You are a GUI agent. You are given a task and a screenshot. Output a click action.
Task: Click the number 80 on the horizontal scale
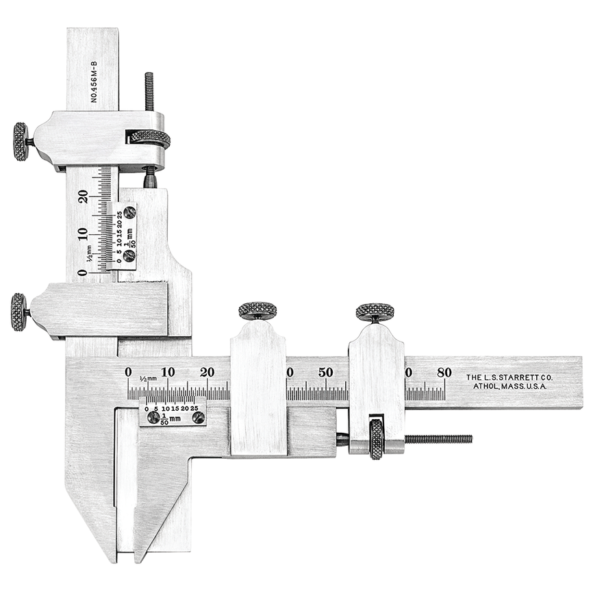pos(444,372)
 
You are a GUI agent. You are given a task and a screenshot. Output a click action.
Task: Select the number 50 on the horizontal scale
pos(326,372)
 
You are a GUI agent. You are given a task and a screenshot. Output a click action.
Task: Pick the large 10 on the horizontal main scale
pos(168,372)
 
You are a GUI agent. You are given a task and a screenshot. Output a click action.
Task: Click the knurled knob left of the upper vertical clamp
pos(21,142)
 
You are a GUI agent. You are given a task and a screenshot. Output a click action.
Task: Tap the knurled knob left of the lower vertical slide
pos(18,312)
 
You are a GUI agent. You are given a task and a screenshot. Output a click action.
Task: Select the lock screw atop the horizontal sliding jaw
pos(257,311)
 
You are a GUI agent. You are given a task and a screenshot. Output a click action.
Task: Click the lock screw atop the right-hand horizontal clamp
pos(375,312)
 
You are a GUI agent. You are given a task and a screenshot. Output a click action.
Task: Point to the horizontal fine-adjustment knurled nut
pos(377,439)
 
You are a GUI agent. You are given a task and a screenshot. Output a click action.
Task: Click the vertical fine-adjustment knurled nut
pos(150,138)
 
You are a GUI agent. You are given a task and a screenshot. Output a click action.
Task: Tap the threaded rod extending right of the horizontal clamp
pos(438,439)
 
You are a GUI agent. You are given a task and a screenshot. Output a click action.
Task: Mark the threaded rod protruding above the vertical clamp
pos(148,90)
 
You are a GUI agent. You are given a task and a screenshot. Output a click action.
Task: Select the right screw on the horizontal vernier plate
pos(198,417)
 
